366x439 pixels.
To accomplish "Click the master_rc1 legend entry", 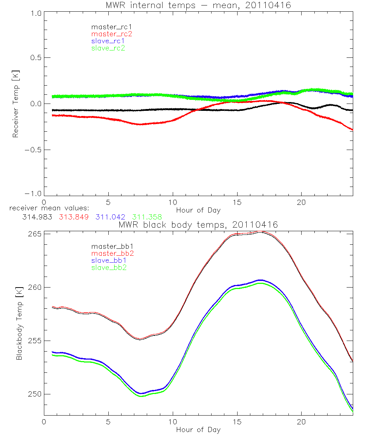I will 108,27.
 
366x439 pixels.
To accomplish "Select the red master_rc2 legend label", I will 112,34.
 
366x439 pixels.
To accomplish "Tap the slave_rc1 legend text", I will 108,41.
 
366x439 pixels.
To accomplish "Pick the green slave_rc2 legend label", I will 108,48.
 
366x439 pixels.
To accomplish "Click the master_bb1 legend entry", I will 109,247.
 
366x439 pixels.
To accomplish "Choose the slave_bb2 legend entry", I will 109,268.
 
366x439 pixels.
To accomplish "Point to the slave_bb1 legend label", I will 109,261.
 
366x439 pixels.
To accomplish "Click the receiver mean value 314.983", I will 37,217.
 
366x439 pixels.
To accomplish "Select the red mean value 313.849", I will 74,217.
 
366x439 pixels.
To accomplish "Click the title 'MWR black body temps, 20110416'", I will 198,225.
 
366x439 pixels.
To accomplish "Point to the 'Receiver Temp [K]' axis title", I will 15,104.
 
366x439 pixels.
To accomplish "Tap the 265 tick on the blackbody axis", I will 36,234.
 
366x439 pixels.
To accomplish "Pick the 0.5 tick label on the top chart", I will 36,58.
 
